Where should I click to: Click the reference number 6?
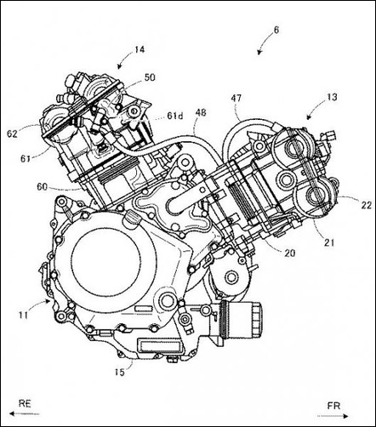(x=276, y=30)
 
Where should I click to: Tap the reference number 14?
(x=140, y=49)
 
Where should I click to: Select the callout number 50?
(x=150, y=77)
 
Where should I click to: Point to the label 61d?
(x=175, y=116)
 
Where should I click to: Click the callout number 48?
(x=201, y=113)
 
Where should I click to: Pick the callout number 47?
(x=236, y=98)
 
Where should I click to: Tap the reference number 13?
(x=332, y=97)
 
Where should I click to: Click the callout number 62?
(x=13, y=134)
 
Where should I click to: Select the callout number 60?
(x=43, y=186)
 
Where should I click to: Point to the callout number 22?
(x=366, y=205)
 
